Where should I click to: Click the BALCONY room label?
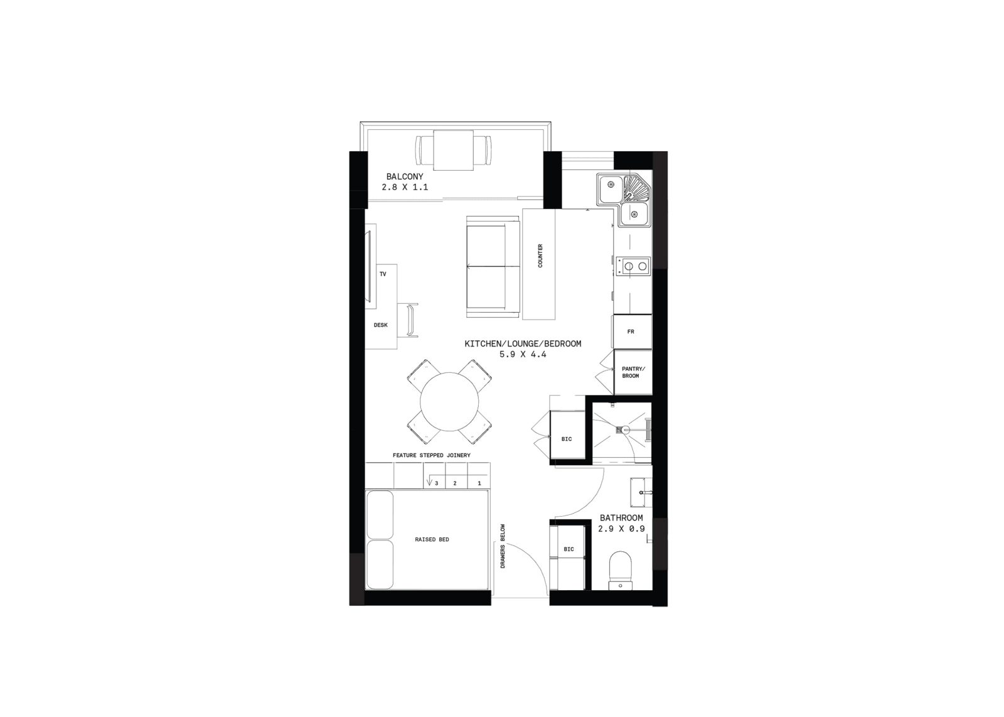[404, 176]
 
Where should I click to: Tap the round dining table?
[449, 401]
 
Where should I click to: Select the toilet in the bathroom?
[621, 570]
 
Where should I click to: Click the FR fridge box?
[632, 332]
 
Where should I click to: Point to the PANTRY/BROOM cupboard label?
[633, 372]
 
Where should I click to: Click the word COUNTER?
[540, 256]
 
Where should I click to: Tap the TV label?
[383, 274]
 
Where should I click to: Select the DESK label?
[380, 325]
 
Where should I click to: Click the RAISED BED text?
[432, 539]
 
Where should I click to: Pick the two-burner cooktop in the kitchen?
[633, 266]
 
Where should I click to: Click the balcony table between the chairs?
[453, 150]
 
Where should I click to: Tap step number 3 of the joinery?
[436, 483]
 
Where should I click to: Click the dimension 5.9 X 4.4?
[523, 354]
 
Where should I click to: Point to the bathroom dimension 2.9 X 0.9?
[621, 529]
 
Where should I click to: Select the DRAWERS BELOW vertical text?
[503, 546]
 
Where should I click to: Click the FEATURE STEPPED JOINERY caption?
[432, 455]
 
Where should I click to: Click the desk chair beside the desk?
[413, 320]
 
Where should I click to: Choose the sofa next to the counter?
[493, 267]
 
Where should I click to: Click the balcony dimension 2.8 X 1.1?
[405, 187]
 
